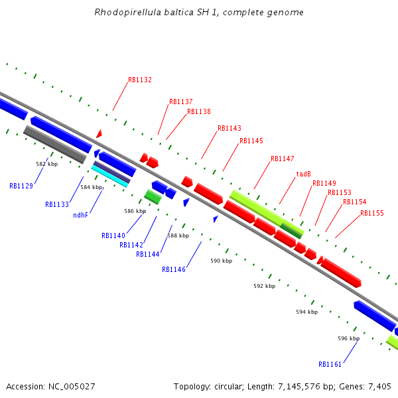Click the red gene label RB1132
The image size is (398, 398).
point(140,80)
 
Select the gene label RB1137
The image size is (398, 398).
point(180,101)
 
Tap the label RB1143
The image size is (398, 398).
point(230,128)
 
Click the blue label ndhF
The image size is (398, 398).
point(80,215)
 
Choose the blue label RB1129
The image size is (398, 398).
point(21,186)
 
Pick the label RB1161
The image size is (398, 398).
point(330,364)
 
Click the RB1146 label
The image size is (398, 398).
point(174,269)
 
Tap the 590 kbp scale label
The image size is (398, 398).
point(222,261)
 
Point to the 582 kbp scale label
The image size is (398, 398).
point(46,163)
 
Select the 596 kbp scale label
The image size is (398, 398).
point(348,338)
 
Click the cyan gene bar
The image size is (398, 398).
point(110,176)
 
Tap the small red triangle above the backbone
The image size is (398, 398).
point(99,134)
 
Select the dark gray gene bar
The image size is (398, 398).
point(54,145)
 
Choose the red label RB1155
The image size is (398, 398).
point(372,213)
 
